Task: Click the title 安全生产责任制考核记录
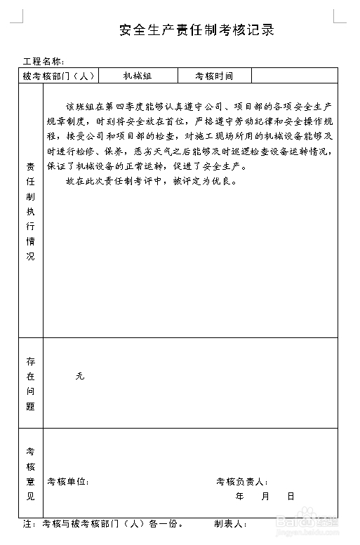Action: coord(196,29)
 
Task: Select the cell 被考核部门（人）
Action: coord(58,76)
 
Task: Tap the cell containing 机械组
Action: coord(138,76)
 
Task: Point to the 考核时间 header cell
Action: coord(213,76)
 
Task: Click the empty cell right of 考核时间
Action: coord(294,76)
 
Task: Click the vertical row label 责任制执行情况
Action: coord(30,211)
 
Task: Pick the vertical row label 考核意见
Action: coord(30,473)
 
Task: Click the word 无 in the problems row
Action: coord(79,377)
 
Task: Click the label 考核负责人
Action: coord(240,482)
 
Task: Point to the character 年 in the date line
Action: coord(240,497)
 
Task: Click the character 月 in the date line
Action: coord(265,497)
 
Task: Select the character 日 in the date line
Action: coord(291,497)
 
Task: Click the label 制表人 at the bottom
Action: coord(229,524)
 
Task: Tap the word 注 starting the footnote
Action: coord(28,524)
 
